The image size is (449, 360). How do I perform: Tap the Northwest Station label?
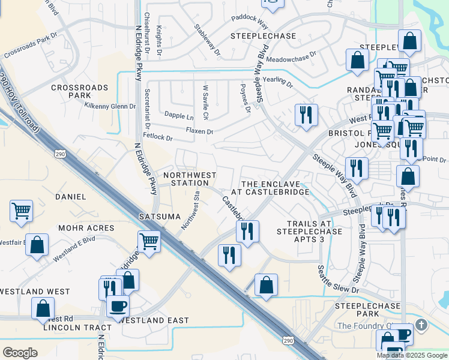pyautogui.click(x=190, y=179)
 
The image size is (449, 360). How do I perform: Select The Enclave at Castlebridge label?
pyautogui.click(x=274, y=187)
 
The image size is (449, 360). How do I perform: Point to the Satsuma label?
pyautogui.click(x=160, y=216)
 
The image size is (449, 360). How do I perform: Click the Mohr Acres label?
pyautogui.click(x=86, y=228)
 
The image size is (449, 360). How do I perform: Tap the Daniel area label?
pyautogui.click(x=71, y=196)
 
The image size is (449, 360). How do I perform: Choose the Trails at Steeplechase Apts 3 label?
pyautogui.click(x=309, y=231)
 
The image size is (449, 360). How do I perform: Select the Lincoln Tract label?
pyautogui.click(x=77, y=328)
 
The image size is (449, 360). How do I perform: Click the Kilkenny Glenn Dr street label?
pyautogui.click(x=110, y=106)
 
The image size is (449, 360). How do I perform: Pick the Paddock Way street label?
pyautogui.click(x=249, y=23)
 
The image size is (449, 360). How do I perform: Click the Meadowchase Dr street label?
pyautogui.click(x=291, y=59)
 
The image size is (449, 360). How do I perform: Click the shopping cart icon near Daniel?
pyautogui.click(x=22, y=211)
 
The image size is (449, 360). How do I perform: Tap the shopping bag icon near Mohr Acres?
pyautogui.click(x=37, y=245)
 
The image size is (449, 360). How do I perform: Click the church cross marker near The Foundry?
pyautogui.click(x=421, y=325)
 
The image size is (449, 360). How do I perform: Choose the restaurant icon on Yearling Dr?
pyautogui.click(x=306, y=113)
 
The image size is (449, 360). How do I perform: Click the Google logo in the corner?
pyautogui.click(x=20, y=353)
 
